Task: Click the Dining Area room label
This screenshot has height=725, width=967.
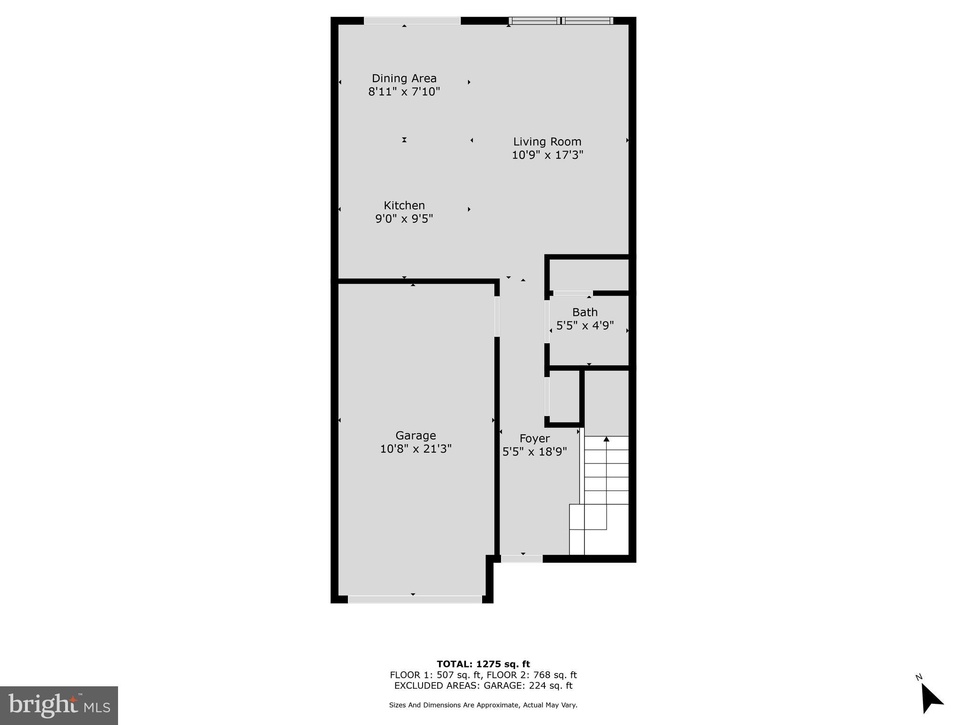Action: (404, 78)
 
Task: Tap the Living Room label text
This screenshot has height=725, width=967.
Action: (547, 142)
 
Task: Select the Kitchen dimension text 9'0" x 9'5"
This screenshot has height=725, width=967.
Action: (404, 219)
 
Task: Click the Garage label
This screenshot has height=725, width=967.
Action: (416, 435)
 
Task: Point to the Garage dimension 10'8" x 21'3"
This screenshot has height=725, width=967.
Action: (416, 448)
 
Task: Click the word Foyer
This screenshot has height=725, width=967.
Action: (534, 438)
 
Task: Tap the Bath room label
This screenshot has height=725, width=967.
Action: (585, 312)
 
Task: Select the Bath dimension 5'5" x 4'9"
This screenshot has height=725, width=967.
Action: (585, 325)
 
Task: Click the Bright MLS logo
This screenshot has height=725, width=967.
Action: (59, 705)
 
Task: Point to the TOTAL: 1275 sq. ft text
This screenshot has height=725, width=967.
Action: (483, 664)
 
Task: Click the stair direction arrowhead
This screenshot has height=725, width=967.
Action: (606, 439)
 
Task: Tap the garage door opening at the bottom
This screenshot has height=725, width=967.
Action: (415, 599)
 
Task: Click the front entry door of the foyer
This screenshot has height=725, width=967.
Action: (522, 559)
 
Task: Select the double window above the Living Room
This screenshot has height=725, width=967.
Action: (561, 21)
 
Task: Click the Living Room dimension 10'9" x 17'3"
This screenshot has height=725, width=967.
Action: (547, 155)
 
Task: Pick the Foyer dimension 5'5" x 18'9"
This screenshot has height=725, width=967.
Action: (534, 452)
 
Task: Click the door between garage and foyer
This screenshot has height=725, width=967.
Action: (497, 316)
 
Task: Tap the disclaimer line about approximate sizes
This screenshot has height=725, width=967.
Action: (483, 705)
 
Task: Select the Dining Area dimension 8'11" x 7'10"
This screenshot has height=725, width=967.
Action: (404, 92)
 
